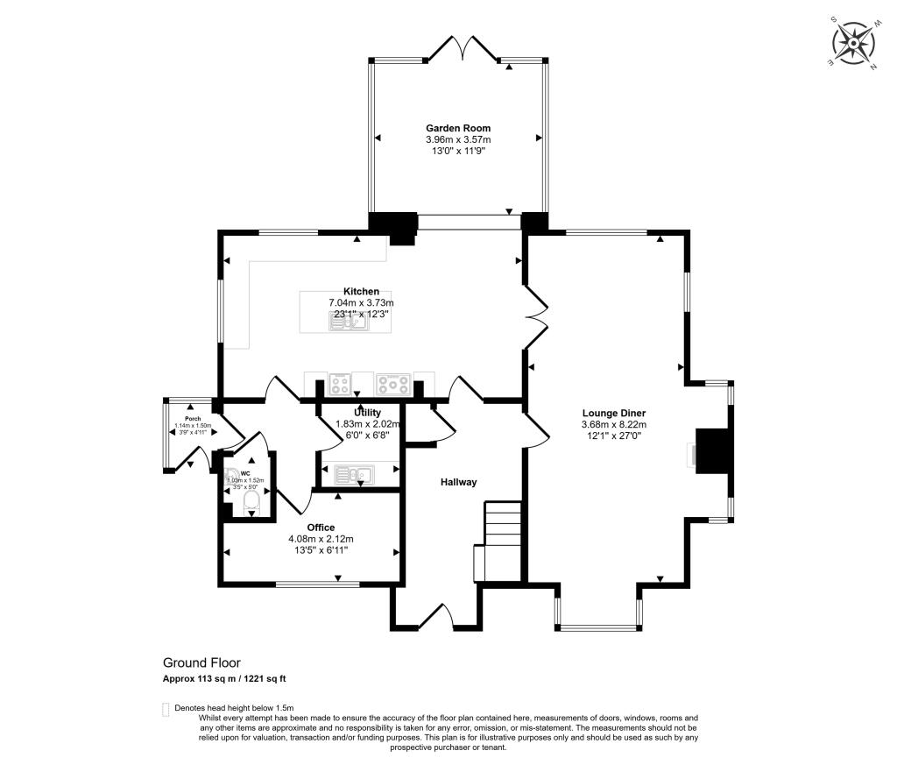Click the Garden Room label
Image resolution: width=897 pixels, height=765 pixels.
(x=458, y=128)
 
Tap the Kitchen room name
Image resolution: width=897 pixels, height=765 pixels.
(x=361, y=292)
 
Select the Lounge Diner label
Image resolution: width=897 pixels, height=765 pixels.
(x=613, y=413)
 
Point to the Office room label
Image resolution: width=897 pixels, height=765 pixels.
(x=320, y=528)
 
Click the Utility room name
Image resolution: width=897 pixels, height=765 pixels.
(x=367, y=412)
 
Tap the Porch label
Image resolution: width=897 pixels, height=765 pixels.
(x=193, y=419)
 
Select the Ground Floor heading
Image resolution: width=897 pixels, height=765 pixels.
(x=201, y=663)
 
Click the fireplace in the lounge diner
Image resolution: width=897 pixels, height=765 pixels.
(x=710, y=450)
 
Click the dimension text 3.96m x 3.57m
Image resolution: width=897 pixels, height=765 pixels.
(x=458, y=139)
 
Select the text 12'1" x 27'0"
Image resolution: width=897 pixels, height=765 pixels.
(x=613, y=436)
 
